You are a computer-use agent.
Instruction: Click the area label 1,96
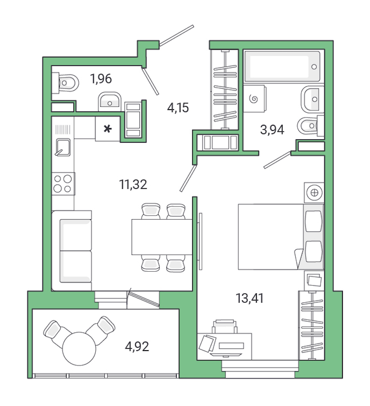pos(101,78)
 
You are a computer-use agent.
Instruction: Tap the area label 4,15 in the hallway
pos(178,108)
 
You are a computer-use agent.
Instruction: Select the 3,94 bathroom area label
pos(272,130)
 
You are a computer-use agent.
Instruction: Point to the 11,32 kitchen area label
pos(133,185)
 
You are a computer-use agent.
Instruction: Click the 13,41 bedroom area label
pos(250,298)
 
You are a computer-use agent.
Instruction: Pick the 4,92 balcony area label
pos(136,347)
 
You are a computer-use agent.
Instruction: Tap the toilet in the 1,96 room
pos(66,83)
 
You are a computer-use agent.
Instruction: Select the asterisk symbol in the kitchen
pos(108,129)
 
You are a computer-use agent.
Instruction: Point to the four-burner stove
pos(63,184)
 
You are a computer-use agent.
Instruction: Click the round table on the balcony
pos(79,348)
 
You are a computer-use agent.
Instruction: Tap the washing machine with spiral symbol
pos(254,99)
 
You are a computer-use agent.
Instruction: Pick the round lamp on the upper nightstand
pos(314,192)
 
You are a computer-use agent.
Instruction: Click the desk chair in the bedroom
pos(224,326)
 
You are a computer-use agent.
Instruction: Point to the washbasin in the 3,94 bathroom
pos(312,99)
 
